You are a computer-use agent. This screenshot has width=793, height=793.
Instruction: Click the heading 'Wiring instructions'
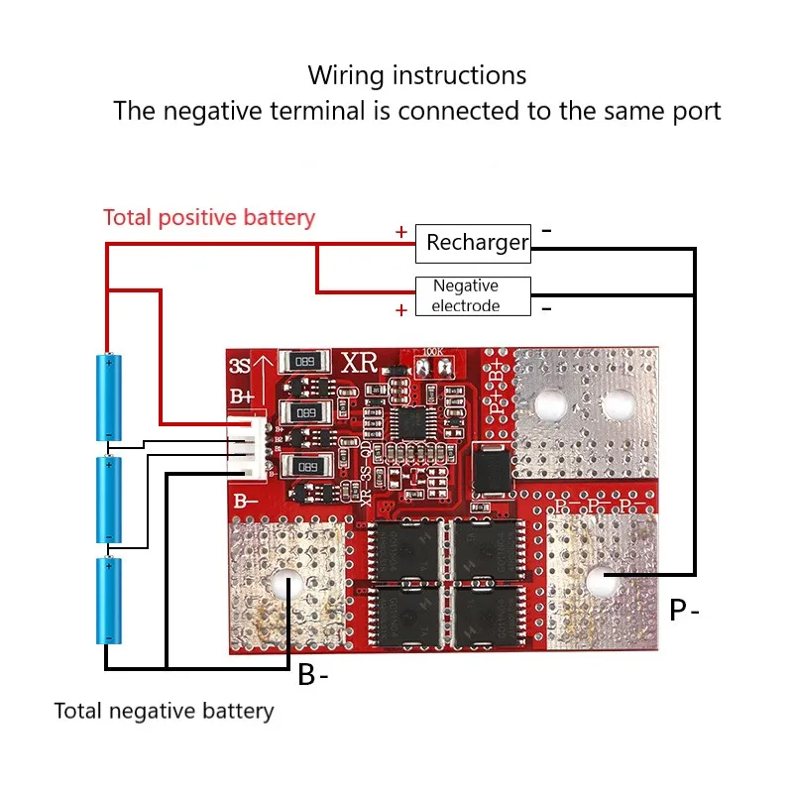click(x=416, y=75)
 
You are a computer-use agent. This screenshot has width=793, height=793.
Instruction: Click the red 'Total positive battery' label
click(x=209, y=217)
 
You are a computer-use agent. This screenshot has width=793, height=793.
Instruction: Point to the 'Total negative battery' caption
click(x=164, y=711)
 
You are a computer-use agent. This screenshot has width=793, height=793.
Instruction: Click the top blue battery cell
click(x=107, y=396)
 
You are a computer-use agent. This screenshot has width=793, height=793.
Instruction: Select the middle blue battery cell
click(x=107, y=500)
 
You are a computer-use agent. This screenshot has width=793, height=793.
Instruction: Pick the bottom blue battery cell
click(x=107, y=601)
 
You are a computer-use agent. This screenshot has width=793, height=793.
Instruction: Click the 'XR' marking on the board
click(x=360, y=363)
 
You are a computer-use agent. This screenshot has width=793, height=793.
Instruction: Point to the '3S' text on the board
click(x=239, y=366)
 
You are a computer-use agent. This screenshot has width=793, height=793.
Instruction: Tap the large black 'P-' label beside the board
click(x=684, y=610)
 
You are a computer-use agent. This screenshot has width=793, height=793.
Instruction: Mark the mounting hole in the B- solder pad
click(x=288, y=585)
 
